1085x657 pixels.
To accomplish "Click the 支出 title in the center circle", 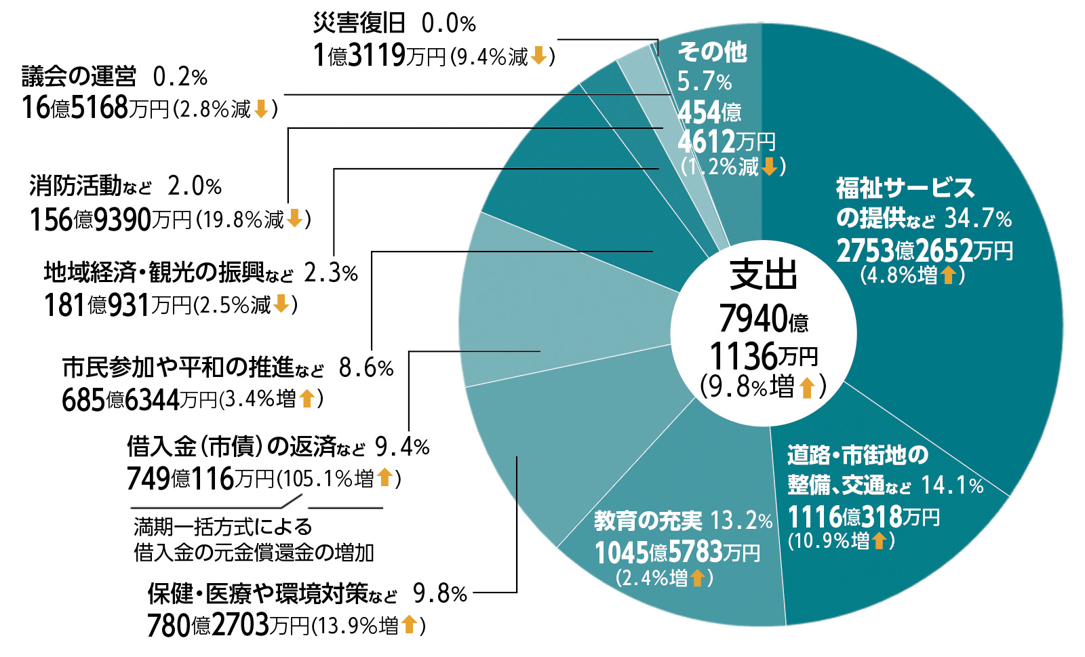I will pos(764,275).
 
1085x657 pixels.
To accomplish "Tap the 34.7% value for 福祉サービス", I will pos(978,218).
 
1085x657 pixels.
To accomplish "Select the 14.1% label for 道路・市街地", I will pos(952,485).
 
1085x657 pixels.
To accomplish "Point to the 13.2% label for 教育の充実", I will pos(741,521).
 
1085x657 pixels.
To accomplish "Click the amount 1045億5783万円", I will pos(677,553).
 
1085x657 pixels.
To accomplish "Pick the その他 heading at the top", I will pos(712,52).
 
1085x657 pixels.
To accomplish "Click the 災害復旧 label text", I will pos(359,24).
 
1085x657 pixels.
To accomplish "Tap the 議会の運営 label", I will pos(79,77).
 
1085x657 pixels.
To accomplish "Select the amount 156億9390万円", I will pos(111,220).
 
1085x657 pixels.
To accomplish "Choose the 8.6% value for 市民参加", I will pos(366,367).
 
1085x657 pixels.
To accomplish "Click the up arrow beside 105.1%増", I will pos(384,477).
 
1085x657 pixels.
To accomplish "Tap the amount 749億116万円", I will pos(200,479).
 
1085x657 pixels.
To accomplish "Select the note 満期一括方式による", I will pos(223,526).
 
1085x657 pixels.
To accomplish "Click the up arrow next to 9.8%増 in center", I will pos(806,387).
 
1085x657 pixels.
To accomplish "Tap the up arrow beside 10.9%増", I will pos(879,540).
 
